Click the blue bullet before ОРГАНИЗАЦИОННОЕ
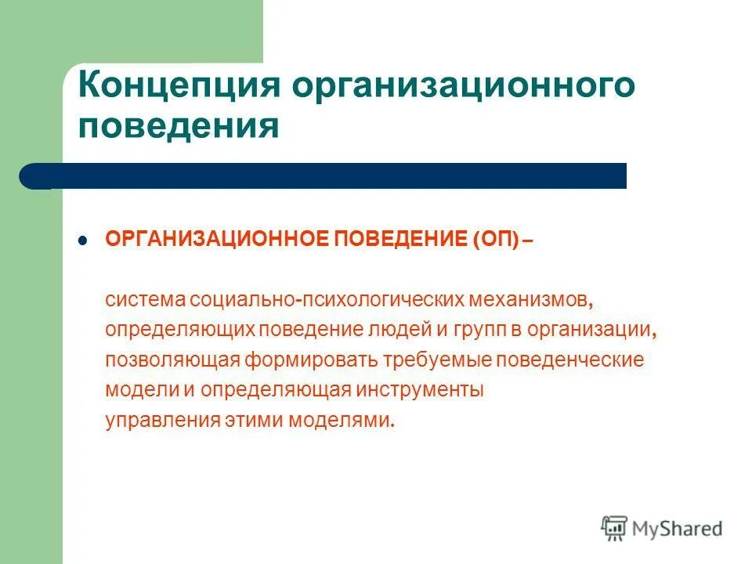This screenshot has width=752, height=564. click(x=83, y=241)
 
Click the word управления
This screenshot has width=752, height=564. click(x=154, y=420)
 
